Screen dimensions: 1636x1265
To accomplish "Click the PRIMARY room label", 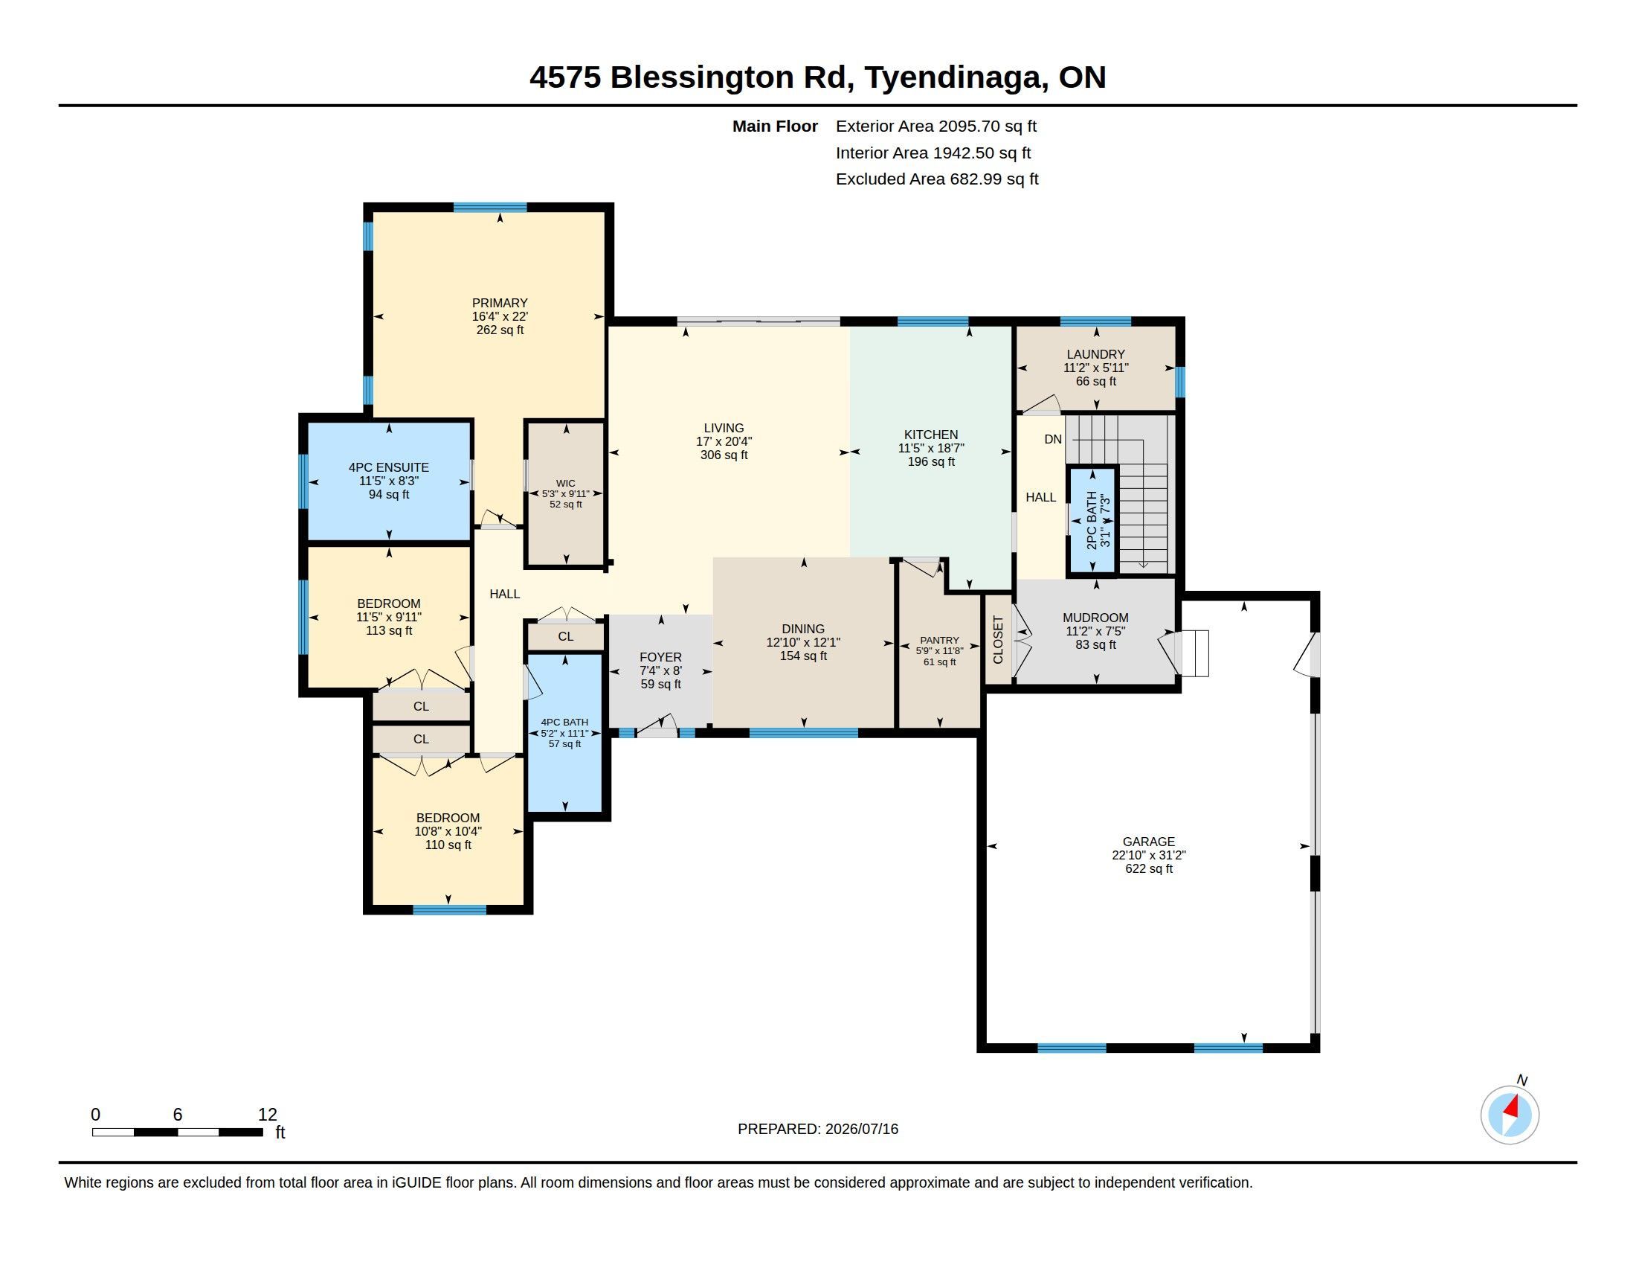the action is tap(500, 303).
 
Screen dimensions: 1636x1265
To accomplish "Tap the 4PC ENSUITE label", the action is tap(389, 467).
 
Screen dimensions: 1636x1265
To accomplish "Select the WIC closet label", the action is tap(566, 484).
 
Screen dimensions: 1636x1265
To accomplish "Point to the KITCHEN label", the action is tap(931, 435).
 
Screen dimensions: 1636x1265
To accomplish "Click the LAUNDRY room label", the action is tap(1096, 354).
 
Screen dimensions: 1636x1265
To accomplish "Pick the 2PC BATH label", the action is tap(1092, 520).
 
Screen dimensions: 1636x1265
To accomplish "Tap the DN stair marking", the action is tap(1053, 439).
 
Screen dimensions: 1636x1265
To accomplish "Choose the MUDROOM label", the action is tap(1095, 618).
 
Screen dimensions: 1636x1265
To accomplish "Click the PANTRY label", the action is tap(939, 640).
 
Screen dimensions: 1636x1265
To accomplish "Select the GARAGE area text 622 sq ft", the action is tap(1149, 868).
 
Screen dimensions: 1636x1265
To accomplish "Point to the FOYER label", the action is tap(660, 657).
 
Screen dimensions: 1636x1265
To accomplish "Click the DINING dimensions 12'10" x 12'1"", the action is tap(803, 642).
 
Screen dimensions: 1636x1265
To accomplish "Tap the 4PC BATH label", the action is tap(565, 723).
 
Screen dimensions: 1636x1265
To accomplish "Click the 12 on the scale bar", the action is tap(268, 1115).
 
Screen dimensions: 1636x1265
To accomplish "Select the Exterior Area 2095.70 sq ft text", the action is tap(936, 126).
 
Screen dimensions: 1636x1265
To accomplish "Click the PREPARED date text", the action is tap(818, 1129).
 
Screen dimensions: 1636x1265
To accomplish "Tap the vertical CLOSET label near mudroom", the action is tap(998, 640).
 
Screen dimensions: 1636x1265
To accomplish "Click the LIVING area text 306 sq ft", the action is tap(724, 455).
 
